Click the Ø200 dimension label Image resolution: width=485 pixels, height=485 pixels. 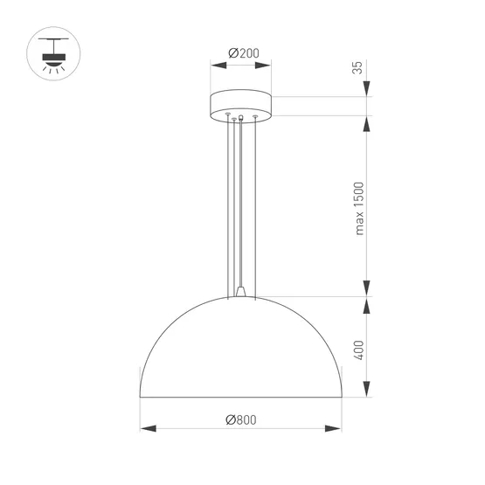tap(242, 53)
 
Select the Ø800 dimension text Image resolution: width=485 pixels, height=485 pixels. tap(241, 419)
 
